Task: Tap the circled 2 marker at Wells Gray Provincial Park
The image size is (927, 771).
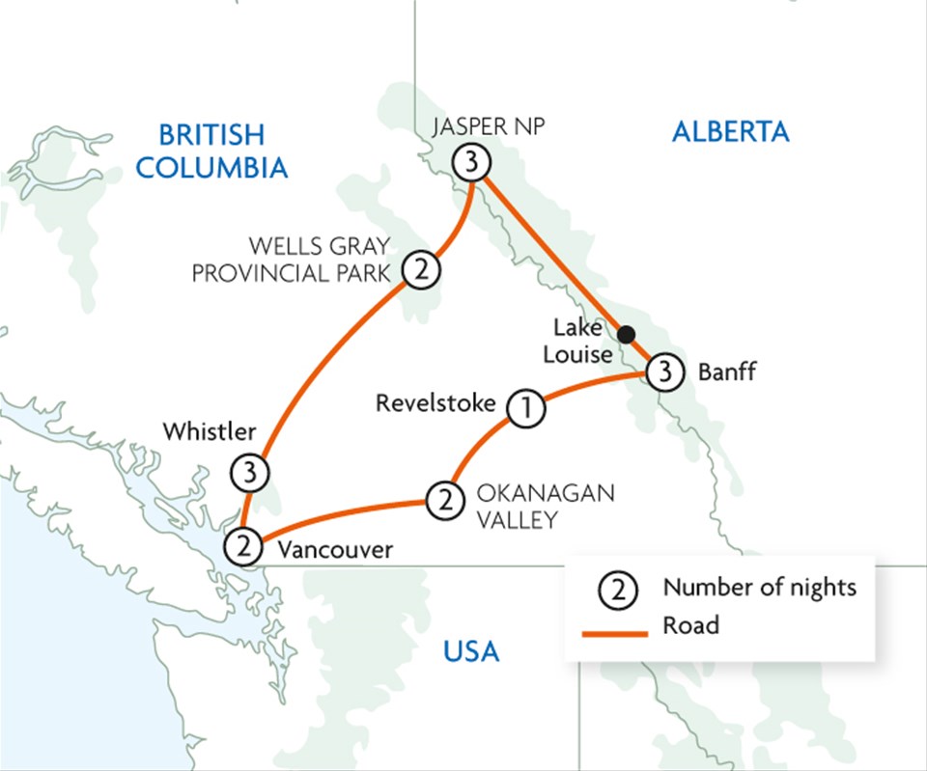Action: (x=421, y=269)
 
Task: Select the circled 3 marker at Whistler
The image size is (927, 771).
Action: (x=249, y=473)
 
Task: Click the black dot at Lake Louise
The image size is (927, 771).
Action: (x=626, y=334)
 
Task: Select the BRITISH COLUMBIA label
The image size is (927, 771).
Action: (x=211, y=151)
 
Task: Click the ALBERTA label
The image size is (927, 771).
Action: (x=730, y=132)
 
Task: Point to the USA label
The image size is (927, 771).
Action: (x=471, y=652)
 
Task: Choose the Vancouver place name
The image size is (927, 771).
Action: (x=335, y=550)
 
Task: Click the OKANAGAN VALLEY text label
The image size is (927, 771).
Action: (x=544, y=507)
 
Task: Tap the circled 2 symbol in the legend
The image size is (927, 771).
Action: (x=619, y=589)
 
